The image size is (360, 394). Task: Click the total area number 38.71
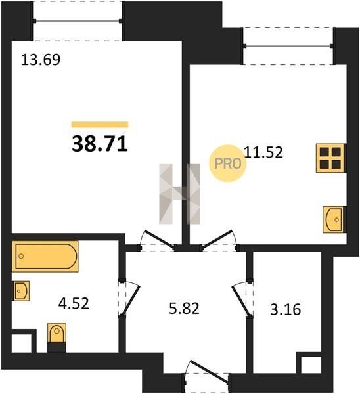[x=100, y=144]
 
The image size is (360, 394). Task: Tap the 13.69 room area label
[x=41, y=60]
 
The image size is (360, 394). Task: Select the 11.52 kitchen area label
[x=263, y=152]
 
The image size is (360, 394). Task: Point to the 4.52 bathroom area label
[x=74, y=303]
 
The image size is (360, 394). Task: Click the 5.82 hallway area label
[x=184, y=308]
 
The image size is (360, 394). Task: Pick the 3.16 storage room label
[x=286, y=309]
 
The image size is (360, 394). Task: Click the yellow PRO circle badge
[x=228, y=164]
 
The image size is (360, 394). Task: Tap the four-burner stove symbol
[x=330, y=158]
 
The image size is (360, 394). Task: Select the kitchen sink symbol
[x=333, y=219]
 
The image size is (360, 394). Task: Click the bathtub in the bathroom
[x=45, y=256]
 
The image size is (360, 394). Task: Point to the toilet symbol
[x=56, y=334]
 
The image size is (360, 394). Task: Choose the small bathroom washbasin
[x=20, y=291]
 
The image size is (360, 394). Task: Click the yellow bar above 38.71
[x=100, y=125]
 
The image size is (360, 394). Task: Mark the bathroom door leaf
[x=130, y=300]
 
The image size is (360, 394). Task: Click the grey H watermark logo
[x=180, y=194]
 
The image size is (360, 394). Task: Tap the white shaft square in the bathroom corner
[x=22, y=343]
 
